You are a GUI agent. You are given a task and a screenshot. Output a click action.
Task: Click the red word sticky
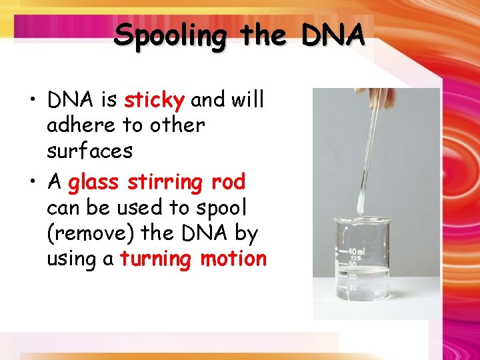[x=154, y=101]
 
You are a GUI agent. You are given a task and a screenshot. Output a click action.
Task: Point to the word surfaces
[x=89, y=151]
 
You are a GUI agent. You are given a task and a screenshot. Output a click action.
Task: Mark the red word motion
[x=233, y=259]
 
